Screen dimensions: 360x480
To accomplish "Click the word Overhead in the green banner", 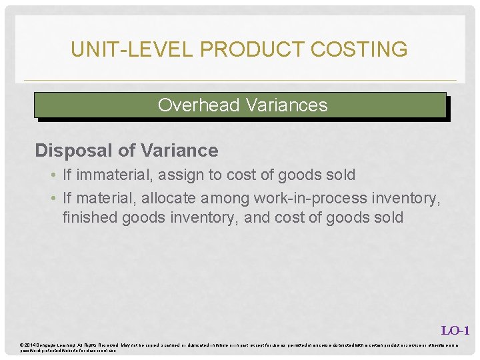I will (x=199, y=105).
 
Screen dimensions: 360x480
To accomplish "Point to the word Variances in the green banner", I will (x=287, y=105).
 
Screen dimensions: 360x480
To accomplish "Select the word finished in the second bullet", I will (x=87, y=217).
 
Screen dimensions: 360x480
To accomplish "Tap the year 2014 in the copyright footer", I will (x=31, y=345).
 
